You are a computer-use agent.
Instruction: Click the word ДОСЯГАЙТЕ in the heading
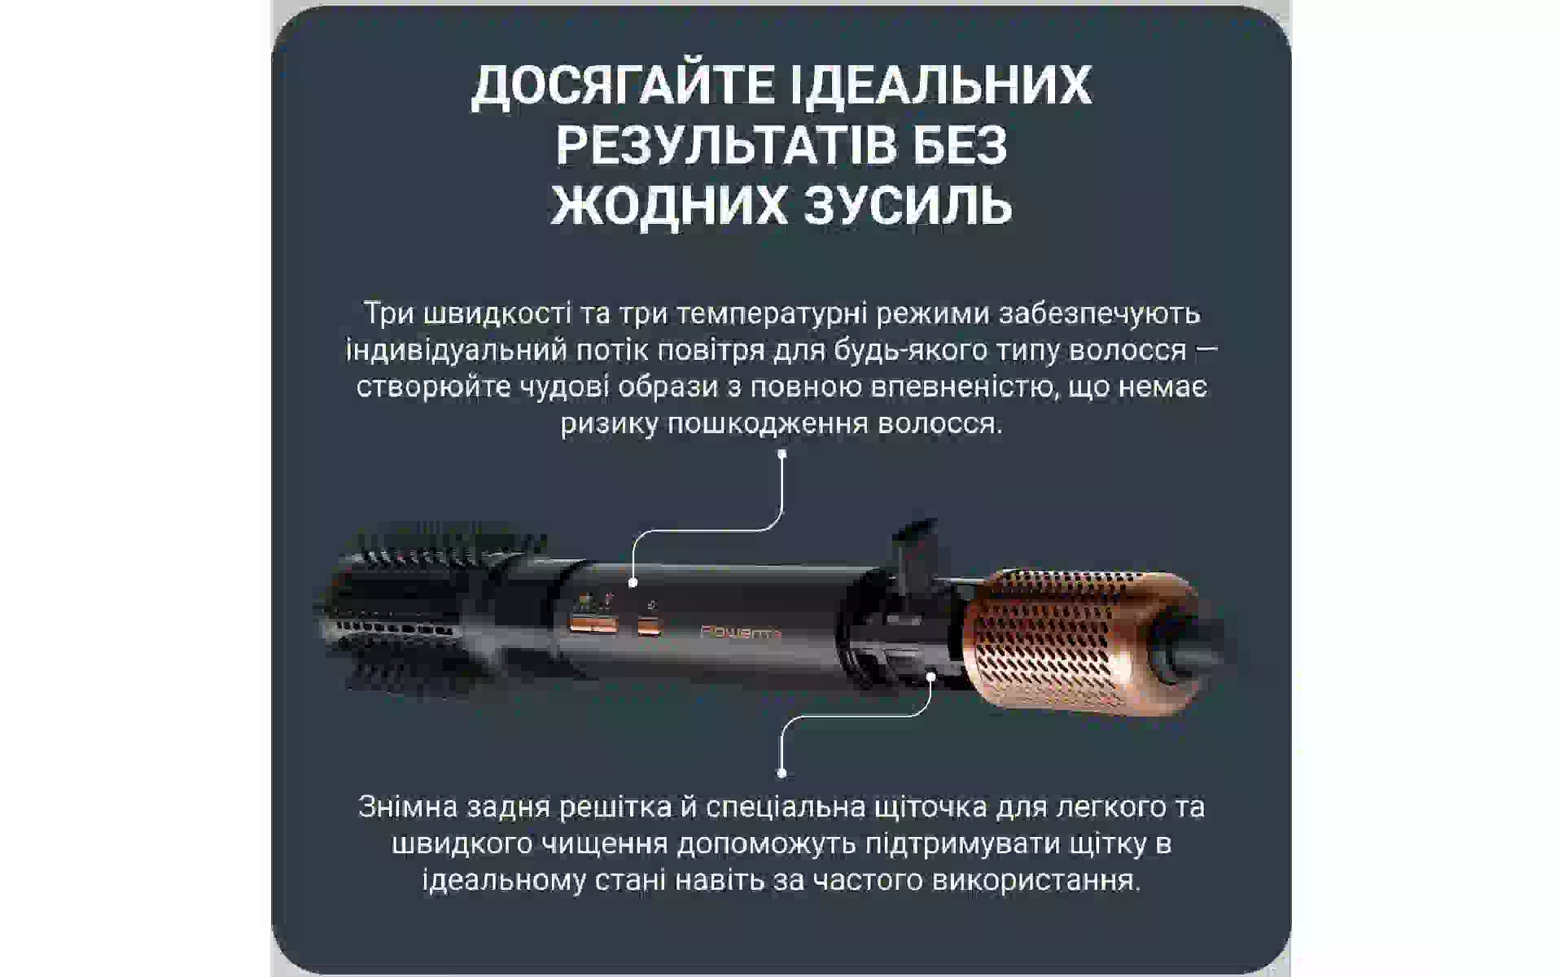coord(624,85)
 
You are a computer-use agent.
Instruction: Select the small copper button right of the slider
coord(649,626)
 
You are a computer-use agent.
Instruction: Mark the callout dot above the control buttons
coord(633,583)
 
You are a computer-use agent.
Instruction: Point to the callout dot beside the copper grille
coord(931,675)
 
